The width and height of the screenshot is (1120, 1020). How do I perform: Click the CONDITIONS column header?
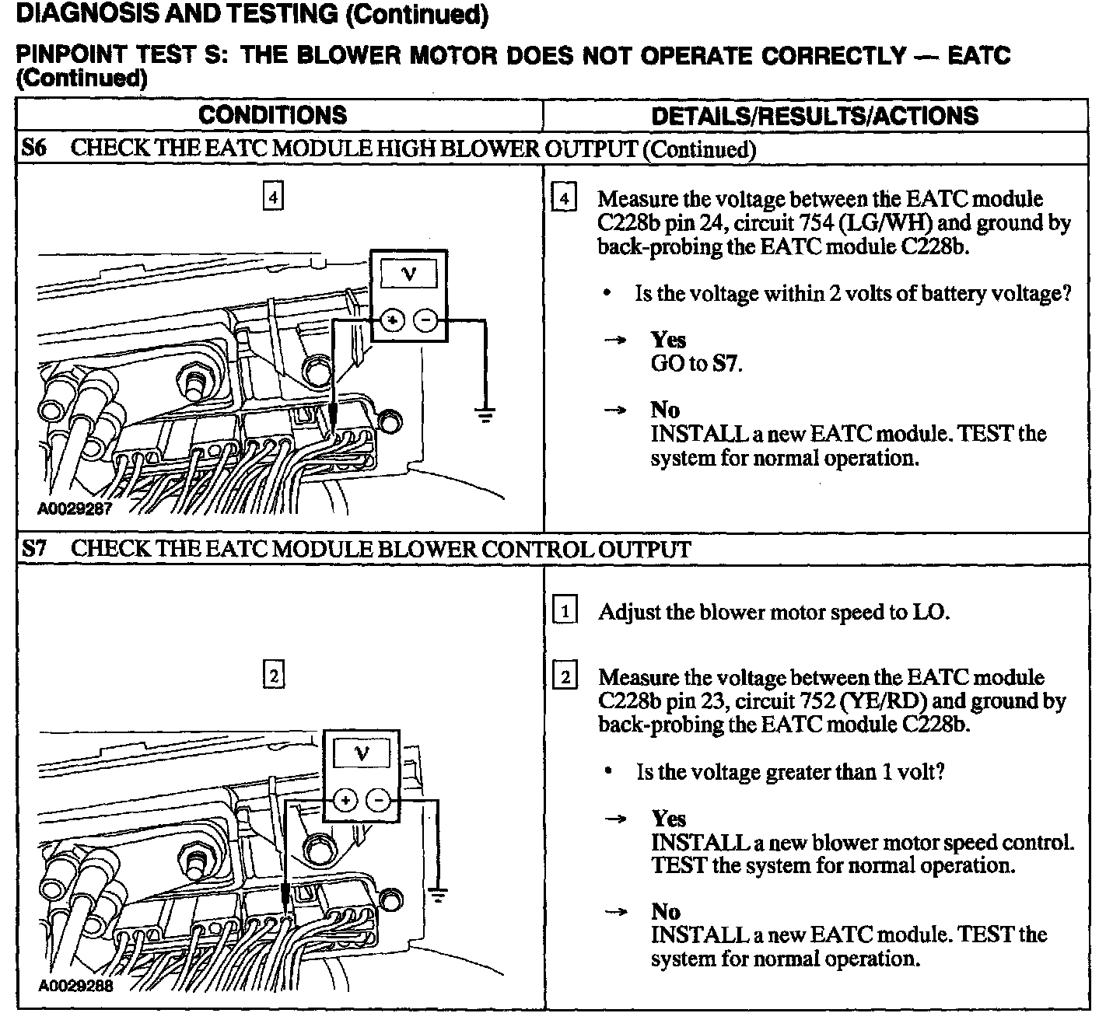(x=272, y=115)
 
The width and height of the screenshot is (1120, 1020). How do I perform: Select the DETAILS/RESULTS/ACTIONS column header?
(x=814, y=116)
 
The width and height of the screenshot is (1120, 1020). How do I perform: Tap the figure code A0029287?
(x=75, y=509)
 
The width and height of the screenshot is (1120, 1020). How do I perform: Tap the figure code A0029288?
(x=75, y=987)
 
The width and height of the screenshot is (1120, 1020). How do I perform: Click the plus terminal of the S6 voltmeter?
(x=392, y=320)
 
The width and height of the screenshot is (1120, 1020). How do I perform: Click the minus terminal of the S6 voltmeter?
(x=425, y=320)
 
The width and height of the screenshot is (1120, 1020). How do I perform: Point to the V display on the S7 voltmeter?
(x=362, y=753)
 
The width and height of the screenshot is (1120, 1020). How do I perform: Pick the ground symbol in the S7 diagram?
(x=439, y=895)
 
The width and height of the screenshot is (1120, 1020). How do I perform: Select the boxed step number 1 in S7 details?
(x=565, y=611)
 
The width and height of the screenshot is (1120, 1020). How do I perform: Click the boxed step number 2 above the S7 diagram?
(x=274, y=675)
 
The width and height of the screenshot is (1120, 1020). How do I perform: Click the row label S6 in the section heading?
(x=33, y=148)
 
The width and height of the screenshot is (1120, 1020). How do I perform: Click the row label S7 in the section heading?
(x=33, y=549)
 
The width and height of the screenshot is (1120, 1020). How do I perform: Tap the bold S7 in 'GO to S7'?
(x=726, y=363)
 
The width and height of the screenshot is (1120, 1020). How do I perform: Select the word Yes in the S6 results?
(x=668, y=340)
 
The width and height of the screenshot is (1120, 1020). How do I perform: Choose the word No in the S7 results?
(x=666, y=911)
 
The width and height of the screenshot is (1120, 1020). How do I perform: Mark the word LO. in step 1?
(x=930, y=612)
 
